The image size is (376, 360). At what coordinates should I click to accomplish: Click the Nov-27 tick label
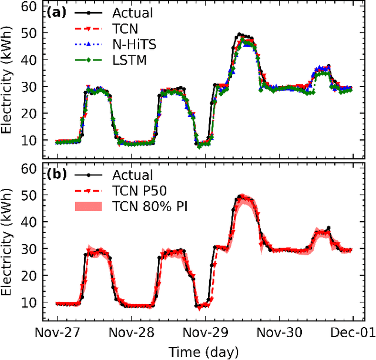point(62,332)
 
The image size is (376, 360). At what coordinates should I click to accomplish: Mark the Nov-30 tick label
point(281,332)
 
